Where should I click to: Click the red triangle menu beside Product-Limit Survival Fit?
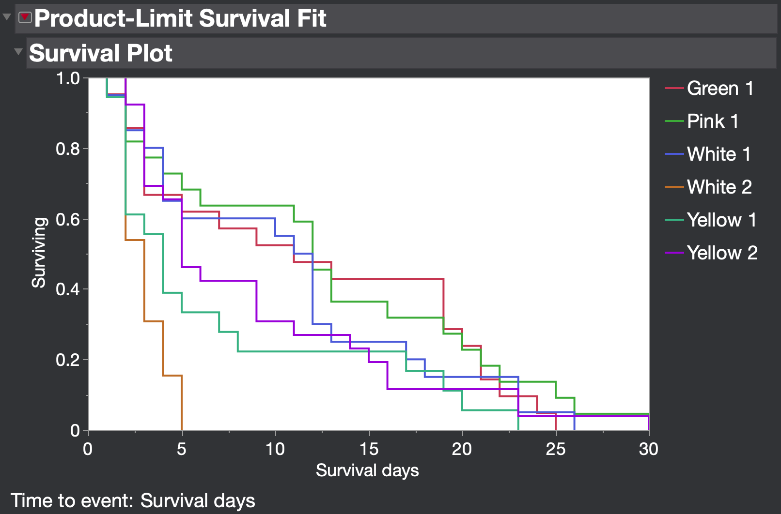[x=25, y=18]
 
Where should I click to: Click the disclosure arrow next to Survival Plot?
[x=18, y=52]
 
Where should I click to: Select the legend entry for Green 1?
[x=719, y=89]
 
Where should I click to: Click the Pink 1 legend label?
[x=712, y=121]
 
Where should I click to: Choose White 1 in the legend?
[x=719, y=154]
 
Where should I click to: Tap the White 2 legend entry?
[x=719, y=187]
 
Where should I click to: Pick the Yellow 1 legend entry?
[x=721, y=220]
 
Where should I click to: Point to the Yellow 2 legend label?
[x=721, y=253]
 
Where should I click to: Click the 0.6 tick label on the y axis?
[x=68, y=219]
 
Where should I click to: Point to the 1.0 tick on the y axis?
[x=68, y=78]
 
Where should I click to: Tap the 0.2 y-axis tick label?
[x=68, y=360]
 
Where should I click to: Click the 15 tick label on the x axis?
[x=369, y=449]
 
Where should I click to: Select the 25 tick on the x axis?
[x=555, y=449]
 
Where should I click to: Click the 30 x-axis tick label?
[x=648, y=449]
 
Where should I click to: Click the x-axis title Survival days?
[x=367, y=470]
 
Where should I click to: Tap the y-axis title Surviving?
[x=39, y=253]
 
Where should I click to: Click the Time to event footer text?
[x=133, y=501]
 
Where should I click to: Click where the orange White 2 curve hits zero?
[x=182, y=429]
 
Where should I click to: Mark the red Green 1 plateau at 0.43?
[x=388, y=279]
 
